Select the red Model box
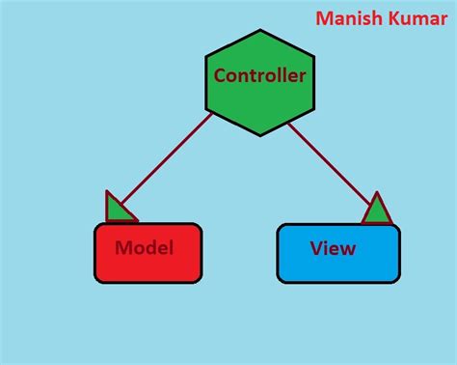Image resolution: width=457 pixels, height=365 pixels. tap(148, 253)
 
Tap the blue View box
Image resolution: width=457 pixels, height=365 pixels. tap(337, 253)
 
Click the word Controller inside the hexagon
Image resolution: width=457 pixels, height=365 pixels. tap(259, 75)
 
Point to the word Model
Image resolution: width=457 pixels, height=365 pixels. tap(144, 248)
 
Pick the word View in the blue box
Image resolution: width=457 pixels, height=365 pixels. tap(333, 248)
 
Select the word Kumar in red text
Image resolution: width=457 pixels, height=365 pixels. tap(417, 18)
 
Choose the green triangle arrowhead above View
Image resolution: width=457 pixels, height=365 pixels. tap(377, 210)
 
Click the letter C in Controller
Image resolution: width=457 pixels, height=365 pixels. tap(220, 75)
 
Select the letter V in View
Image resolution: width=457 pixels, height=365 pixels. tap(316, 248)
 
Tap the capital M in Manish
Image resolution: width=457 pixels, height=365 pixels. tap(324, 18)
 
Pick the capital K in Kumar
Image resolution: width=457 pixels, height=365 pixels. tap(395, 18)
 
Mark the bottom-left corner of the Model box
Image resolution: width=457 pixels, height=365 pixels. tap(96, 281)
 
